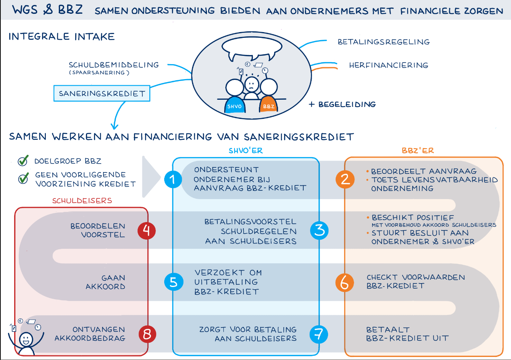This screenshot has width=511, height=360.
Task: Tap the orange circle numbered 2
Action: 345,179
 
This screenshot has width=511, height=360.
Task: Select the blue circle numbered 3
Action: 319,230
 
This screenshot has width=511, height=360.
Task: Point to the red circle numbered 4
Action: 147,230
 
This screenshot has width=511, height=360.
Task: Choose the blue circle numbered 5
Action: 173,282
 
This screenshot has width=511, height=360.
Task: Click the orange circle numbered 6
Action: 344,282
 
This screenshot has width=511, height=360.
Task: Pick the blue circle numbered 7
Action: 319,334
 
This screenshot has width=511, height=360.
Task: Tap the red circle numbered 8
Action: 147,334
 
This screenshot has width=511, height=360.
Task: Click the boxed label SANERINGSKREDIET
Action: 102,94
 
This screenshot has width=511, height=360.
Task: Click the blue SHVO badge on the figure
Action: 234,106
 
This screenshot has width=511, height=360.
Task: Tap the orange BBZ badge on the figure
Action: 268,106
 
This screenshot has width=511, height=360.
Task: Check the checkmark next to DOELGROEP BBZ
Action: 23,161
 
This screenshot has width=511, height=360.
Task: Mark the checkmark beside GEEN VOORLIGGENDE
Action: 24,178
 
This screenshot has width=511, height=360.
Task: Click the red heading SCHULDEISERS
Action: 82,201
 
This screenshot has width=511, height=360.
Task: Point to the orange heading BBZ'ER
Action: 418,151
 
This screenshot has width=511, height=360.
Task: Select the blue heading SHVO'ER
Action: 246,151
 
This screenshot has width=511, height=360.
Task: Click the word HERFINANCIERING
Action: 388,65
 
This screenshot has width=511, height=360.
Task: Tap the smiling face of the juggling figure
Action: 26,339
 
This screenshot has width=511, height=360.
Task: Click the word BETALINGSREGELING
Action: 383,42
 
